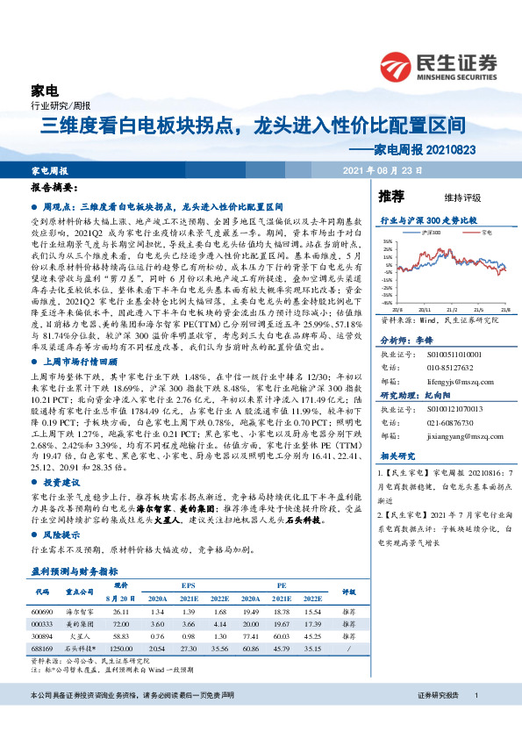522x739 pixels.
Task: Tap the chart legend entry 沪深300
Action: point(431,233)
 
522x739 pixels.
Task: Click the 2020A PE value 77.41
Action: point(254,635)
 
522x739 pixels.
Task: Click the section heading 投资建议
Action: point(62,483)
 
